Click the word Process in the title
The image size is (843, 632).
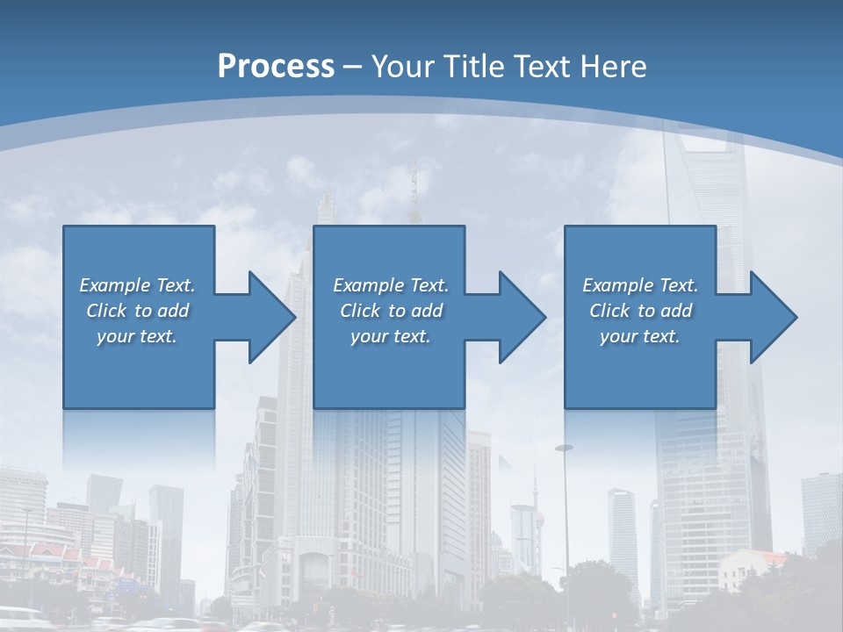point(276,67)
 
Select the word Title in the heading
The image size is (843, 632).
point(473,67)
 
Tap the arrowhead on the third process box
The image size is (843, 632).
point(772,317)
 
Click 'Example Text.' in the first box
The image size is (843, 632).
point(137,285)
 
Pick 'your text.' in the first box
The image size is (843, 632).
point(137,336)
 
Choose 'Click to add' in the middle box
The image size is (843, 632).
point(391,311)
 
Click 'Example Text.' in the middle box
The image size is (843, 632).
point(391,285)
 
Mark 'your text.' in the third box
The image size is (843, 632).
point(640,336)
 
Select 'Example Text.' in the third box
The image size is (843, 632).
point(640,285)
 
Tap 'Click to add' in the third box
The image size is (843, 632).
point(640,311)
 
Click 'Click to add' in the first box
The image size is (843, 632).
point(137,311)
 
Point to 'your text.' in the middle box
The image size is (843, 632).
point(391,336)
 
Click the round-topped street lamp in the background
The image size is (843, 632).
point(564,449)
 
